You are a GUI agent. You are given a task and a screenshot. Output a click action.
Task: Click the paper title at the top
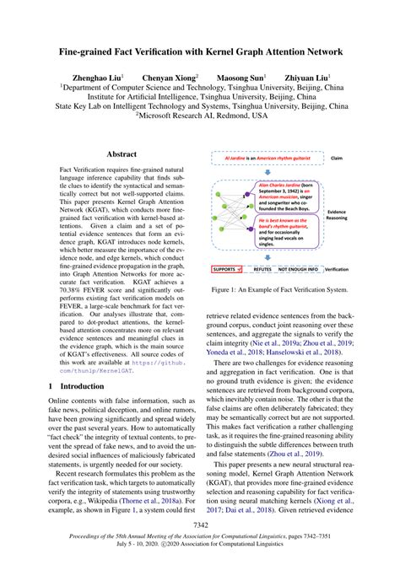coord(200,51)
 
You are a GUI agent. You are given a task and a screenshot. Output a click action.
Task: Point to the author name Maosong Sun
coord(241,76)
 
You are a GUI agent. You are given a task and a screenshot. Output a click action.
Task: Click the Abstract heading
coord(121,155)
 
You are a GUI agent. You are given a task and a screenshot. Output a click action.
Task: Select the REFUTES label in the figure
coord(262,269)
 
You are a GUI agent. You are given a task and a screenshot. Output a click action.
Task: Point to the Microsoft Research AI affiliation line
coord(200,117)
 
